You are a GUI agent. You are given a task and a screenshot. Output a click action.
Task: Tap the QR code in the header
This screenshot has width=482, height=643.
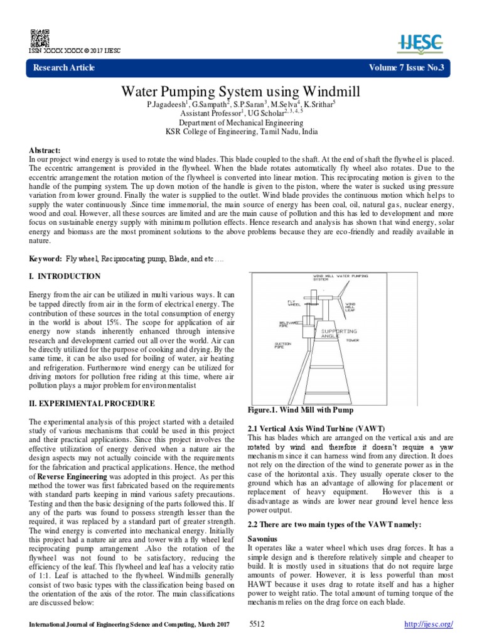36,36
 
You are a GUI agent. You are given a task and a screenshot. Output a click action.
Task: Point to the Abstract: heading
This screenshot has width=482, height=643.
45,151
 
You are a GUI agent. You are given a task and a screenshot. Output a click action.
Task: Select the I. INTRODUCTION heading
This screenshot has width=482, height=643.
65,276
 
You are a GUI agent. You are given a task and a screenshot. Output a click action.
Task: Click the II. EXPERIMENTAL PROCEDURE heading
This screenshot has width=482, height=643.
92,403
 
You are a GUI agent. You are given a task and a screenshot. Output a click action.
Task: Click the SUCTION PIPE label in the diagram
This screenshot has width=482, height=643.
282,345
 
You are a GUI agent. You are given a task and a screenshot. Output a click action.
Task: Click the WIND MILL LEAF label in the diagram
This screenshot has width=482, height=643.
350,306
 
